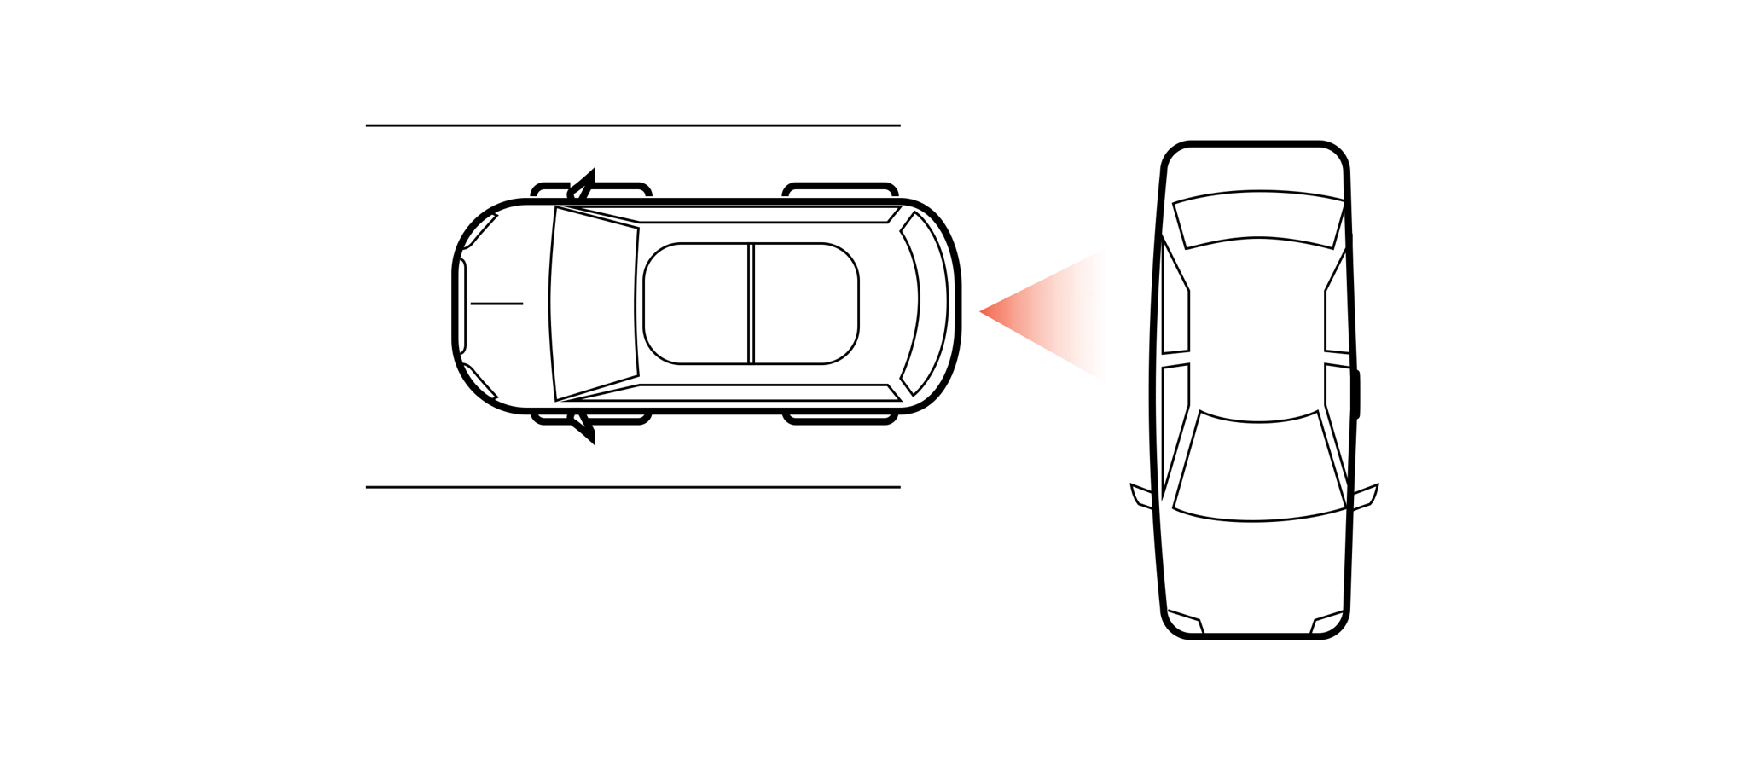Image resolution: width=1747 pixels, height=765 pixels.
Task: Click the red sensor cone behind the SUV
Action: (x=1049, y=313)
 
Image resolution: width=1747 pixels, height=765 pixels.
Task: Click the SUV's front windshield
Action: (x=595, y=303)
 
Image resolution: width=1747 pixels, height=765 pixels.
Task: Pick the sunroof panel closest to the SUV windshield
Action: (x=696, y=304)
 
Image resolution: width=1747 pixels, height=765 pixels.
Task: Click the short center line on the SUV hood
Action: (x=496, y=304)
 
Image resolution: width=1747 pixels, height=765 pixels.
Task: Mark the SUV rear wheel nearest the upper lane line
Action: (x=840, y=189)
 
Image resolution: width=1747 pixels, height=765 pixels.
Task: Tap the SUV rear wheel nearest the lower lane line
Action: (x=840, y=418)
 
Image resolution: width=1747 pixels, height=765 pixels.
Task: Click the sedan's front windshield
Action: (x=1258, y=467)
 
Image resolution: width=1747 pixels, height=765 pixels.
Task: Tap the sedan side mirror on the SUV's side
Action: (x=1140, y=495)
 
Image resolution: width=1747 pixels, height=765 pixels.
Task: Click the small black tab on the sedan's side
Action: (x=1356, y=394)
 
